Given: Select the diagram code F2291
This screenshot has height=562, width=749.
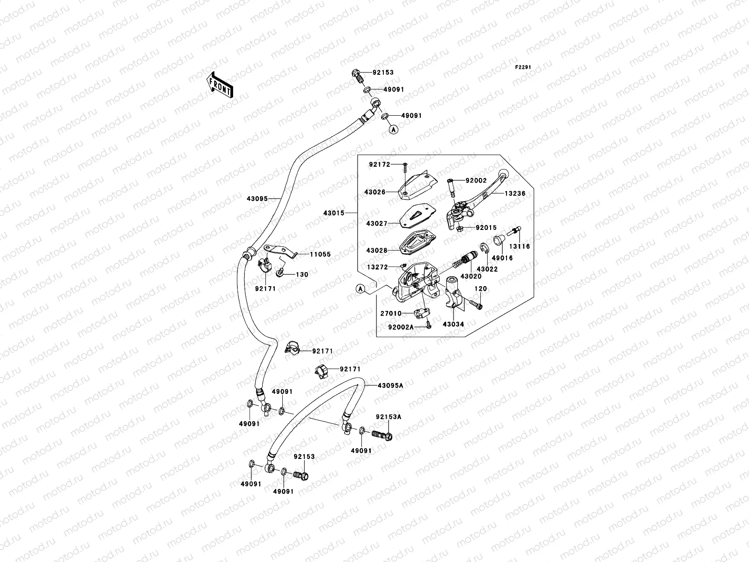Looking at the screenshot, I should [523, 67].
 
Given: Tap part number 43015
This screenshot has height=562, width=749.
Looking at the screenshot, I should [333, 213].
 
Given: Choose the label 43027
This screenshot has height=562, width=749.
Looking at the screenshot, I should [377, 224].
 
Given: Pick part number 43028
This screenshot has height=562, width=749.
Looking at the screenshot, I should [377, 251].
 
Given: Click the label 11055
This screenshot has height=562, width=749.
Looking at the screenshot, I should [320, 254].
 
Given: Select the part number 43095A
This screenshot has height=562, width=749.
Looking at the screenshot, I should [390, 385].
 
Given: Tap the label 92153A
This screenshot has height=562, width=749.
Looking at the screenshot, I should [388, 416].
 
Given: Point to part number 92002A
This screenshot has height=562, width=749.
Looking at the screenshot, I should [401, 327].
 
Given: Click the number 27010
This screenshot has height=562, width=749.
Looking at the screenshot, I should [390, 313].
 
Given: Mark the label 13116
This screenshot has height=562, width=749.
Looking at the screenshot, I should [520, 246].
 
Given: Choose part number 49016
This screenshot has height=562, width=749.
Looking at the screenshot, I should [502, 258].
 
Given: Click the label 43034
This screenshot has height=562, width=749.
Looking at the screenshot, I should [453, 324].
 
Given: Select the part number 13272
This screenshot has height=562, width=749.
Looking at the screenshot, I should [378, 267].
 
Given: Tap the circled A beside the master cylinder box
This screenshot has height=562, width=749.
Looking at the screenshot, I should [360, 289].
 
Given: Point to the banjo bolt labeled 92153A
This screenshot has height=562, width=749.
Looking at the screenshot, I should [382, 434].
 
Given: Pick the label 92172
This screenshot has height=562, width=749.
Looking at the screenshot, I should [379, 164].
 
